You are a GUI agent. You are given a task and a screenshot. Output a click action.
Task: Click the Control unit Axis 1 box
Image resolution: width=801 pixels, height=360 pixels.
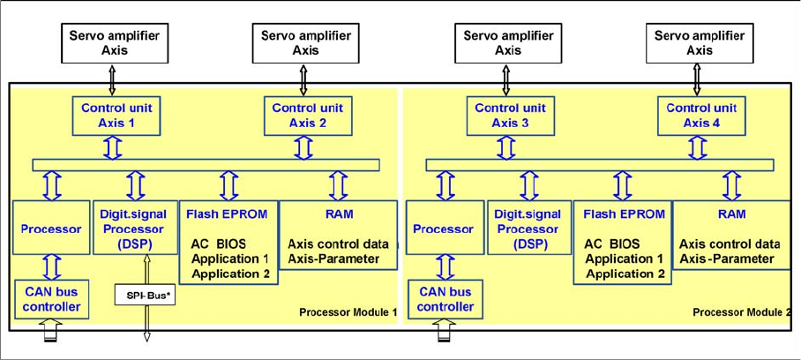119,116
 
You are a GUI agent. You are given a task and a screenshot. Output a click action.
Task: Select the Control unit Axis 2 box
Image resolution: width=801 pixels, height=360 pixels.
305,116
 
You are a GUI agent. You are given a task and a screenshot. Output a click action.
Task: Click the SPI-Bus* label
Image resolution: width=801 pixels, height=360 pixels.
144,294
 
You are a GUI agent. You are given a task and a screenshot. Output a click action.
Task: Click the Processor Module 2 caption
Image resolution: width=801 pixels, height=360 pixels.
742,312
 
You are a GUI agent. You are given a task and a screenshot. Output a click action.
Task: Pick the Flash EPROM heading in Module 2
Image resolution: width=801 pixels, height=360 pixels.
623,214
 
